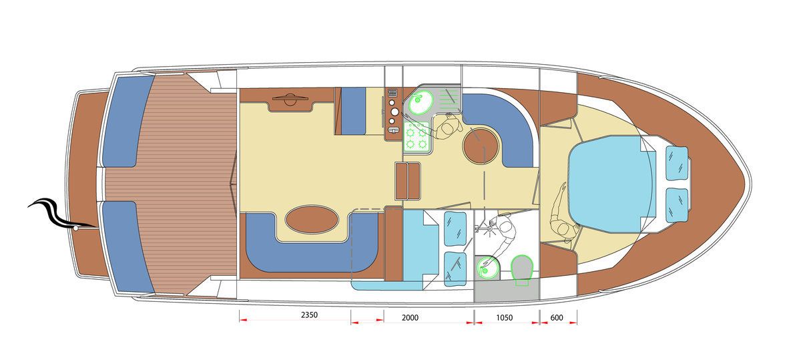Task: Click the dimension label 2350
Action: (x=309, y=315)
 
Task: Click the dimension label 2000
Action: (x=410, y=317)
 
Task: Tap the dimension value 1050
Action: (x=504, y=317)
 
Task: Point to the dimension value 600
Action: (x=557, y=317)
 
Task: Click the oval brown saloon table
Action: (x=312, y=219)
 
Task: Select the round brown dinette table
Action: (x=480, y=146)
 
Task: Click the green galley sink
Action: (x=421, y=102)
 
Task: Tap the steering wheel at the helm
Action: (x=290, y=99)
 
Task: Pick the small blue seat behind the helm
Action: (x=353, y=111)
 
